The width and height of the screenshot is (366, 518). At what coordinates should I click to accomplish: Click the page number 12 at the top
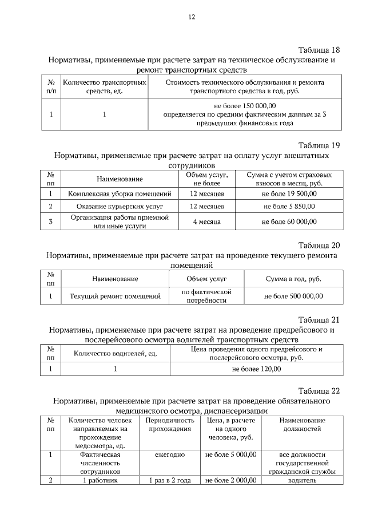(x=192, y=17)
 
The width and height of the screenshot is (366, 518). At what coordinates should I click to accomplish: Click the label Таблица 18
(x=320, y=49)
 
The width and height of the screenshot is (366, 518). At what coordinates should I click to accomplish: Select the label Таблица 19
(x=320, y=145)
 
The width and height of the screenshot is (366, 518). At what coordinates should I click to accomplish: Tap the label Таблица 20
(x=320, y=244)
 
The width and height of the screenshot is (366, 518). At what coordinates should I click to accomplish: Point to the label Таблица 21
(x=320, y=319)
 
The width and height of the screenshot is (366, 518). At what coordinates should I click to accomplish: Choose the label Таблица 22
(x=320, y=391)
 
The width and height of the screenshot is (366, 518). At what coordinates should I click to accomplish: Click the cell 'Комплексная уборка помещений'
(x=120, y=194)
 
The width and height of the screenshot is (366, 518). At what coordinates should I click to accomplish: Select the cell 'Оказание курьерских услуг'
(x=120, y=205)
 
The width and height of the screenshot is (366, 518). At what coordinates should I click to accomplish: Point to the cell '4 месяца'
(x=206, y=222)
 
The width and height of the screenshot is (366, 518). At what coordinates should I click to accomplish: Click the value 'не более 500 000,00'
(x=293, y=296)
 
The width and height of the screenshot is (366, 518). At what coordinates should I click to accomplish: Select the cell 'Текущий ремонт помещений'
(x=115, y=296)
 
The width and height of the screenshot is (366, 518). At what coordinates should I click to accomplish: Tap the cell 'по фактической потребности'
(x=206, y=296)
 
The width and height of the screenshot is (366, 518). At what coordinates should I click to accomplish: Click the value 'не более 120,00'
(x=256, y=369)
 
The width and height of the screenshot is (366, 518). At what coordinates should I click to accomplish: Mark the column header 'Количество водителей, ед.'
(x=116, y=353)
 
